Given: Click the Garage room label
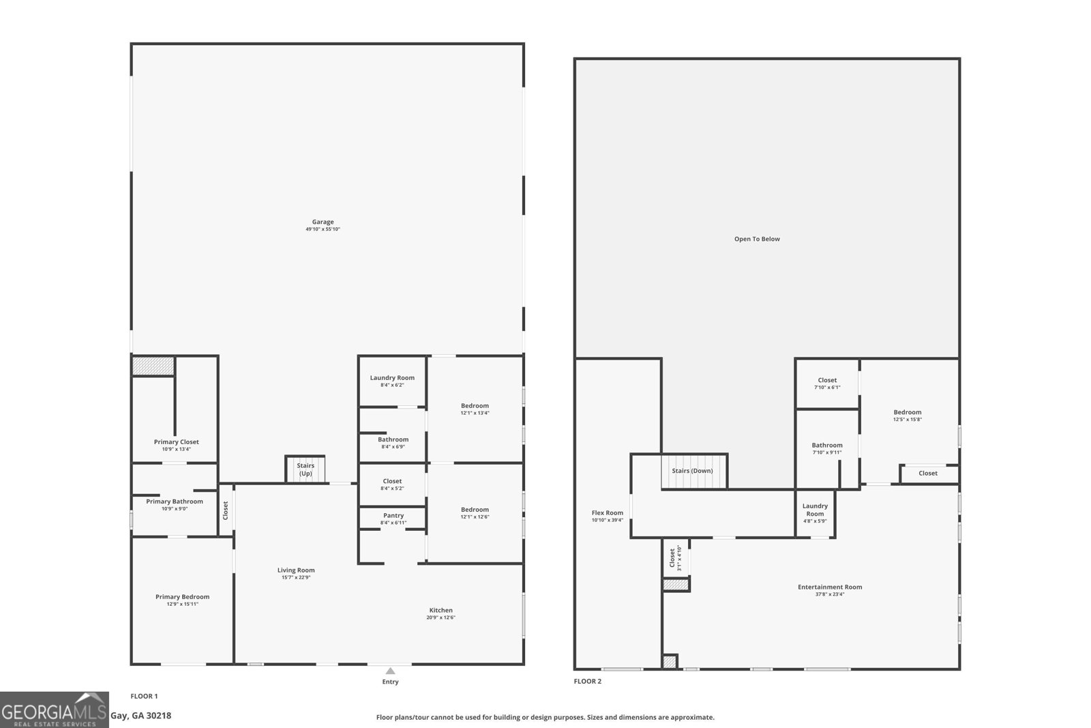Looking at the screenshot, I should tap(323, 222).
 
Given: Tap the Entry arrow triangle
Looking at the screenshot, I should tap(390, 671).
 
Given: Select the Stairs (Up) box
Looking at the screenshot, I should tap(305, 469).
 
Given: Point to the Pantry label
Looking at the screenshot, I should tap(393, 515).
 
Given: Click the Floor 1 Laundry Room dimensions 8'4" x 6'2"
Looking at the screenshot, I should tap(392, 385).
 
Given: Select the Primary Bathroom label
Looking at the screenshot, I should tap(175, 501).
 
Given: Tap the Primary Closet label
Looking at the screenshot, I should tap(176, 441).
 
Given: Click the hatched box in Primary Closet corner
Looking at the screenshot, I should tap(153, 366).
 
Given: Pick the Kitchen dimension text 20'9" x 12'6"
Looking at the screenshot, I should tap(440, 617).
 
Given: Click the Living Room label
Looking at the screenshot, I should tap(296, 570).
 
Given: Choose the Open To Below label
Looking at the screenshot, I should tap(757, 239).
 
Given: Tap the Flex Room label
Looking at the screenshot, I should tap(607, 512).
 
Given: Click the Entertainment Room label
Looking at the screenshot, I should tap(830, 587).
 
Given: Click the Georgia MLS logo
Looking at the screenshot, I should tap(55, 710).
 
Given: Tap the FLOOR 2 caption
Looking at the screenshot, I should tap(587, 681).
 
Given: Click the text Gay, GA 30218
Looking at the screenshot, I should tap(141, 716).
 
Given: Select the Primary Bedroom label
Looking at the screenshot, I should tap(182, 596).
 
